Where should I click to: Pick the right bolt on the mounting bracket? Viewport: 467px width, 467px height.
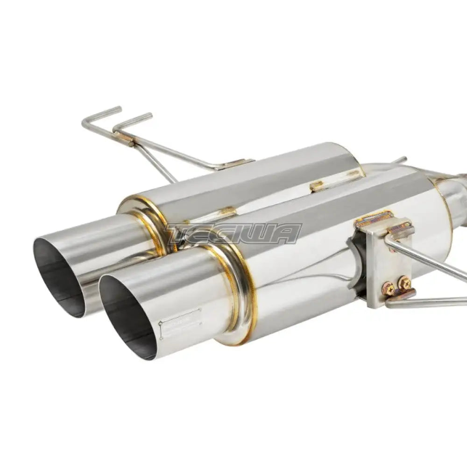point(403,283)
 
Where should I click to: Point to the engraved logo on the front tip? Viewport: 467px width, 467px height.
point(180,323)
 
